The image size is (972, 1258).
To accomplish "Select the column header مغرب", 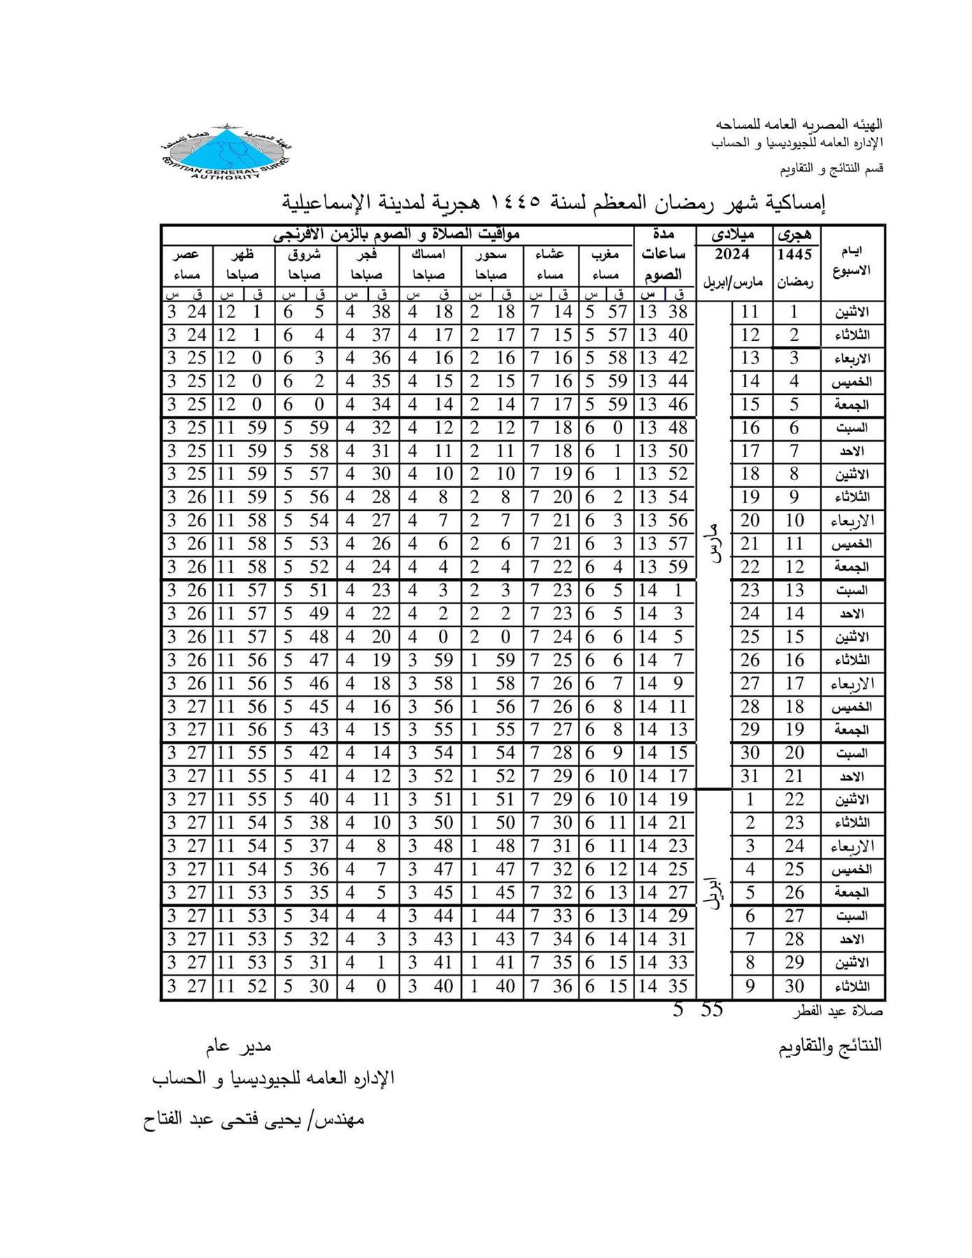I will pyautogui.click(x=604, y=255).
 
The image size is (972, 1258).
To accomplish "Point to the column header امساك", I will pyautogui.click(x=430, y=255).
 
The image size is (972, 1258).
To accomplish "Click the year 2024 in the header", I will pyautogui.click(x=732, y=254).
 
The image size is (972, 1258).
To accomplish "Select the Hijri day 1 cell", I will pyautogui.click(x=795, y=312).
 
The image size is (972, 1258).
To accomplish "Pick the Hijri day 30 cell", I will pyautogui.click(x=795, y=986).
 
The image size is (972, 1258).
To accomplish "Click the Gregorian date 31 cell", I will pyautogui.click(x=750, y=776).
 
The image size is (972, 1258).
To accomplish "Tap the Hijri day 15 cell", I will pyautogui.click(x=795, y=637).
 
